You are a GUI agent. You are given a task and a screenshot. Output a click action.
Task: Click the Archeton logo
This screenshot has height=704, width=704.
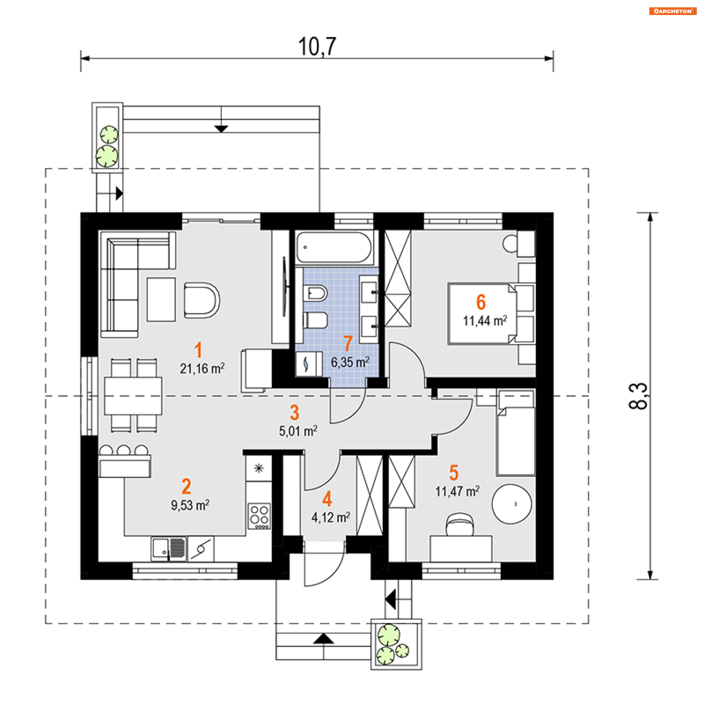click(x=672, y=11)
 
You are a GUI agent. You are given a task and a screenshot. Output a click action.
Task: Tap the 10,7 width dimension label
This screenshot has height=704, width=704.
click(x=317, y=47)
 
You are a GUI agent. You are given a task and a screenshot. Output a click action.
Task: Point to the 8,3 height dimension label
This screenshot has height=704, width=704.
click(x=638, y=396)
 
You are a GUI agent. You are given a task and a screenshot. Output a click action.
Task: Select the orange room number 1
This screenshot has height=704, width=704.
click(x=198, y=349)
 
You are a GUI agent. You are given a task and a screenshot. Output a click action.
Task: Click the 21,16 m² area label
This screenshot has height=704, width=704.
click(x=202, y=368)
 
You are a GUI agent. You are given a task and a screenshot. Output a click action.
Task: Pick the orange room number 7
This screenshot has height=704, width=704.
click(x=348, y=344)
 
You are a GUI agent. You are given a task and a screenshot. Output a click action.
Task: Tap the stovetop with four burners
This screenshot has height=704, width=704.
click(x=259, y=516)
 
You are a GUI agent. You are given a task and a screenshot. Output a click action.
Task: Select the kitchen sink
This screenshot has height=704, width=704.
click(x=169, y=549)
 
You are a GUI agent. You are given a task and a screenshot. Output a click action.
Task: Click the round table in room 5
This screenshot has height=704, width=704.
click(x=511, y=504)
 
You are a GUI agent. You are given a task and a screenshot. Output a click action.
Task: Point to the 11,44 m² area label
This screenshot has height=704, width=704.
click(x=485, y=321)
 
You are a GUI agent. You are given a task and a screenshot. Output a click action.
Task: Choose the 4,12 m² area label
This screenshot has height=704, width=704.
click(x=331, y=517)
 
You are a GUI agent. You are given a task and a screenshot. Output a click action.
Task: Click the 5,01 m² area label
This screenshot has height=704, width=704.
click(x=298, y=431)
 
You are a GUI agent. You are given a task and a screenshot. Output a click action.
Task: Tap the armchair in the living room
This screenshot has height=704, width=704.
click(x=201, y=300)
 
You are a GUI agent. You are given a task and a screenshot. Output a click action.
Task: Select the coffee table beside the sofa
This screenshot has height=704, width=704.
click(x=161, y=299)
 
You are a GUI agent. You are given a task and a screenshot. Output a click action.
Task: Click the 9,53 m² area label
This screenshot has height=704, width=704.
click(x=190, y=505)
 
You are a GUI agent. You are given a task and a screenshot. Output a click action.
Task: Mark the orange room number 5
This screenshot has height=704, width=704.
click(x=454, y=473)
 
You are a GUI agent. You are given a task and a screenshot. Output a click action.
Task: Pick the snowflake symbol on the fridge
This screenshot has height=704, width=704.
click(x=259, y=468)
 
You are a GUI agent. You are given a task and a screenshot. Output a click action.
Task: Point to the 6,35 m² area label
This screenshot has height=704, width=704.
click(x=350, y=362)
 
